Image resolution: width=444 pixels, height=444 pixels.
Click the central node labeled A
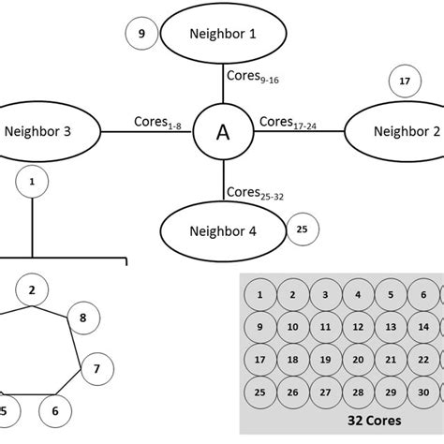[x=222, y=132]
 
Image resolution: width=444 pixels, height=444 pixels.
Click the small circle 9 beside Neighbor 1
[x=141, y=35]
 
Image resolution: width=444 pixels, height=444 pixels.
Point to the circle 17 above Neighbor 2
[x=405, y=81]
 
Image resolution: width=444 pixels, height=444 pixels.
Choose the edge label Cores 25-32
[x=253, y=194]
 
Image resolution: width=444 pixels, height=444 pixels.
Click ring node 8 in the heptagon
[x=82, y=318]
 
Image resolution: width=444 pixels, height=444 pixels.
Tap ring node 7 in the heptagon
[x=96, y=370]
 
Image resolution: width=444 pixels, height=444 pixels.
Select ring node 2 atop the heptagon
[x=32, y=290]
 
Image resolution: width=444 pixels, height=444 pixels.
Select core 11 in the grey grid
[x=324, y=327]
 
